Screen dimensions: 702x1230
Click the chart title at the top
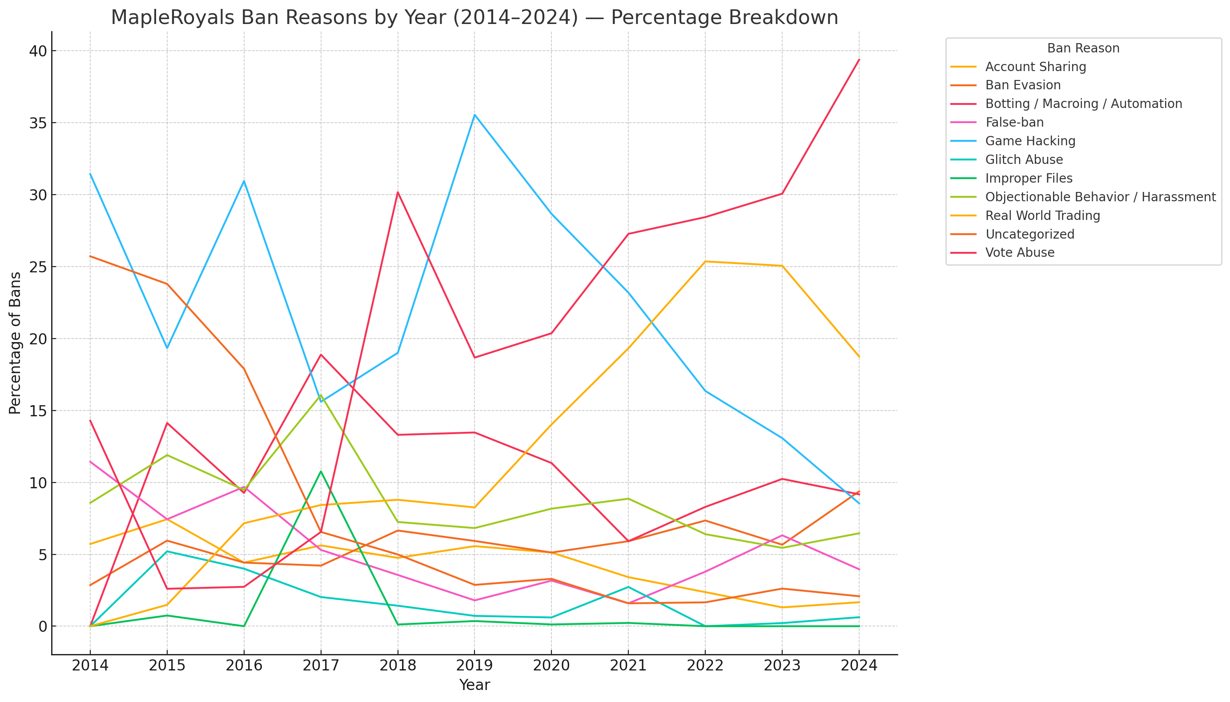coord(474,18)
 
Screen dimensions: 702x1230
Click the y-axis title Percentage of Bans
coord(15,343)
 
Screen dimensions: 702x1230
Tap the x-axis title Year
coord(474,685)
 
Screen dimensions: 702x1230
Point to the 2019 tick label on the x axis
coord(474,666)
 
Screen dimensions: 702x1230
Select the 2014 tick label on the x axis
coord(90,666)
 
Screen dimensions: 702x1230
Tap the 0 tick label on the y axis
coord(42,626)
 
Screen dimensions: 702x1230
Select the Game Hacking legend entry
coord(1030,141)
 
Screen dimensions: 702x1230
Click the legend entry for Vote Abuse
coord(1019,253)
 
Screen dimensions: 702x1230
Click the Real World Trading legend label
coord(1042,215)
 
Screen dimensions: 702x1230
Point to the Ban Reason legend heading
coord(1083,48)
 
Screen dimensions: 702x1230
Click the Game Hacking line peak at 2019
coord(474,115)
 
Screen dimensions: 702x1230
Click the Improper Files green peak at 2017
coord(321,471)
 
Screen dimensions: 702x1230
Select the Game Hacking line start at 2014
coord(90,174)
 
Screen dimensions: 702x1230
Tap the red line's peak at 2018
coord(398,192)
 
